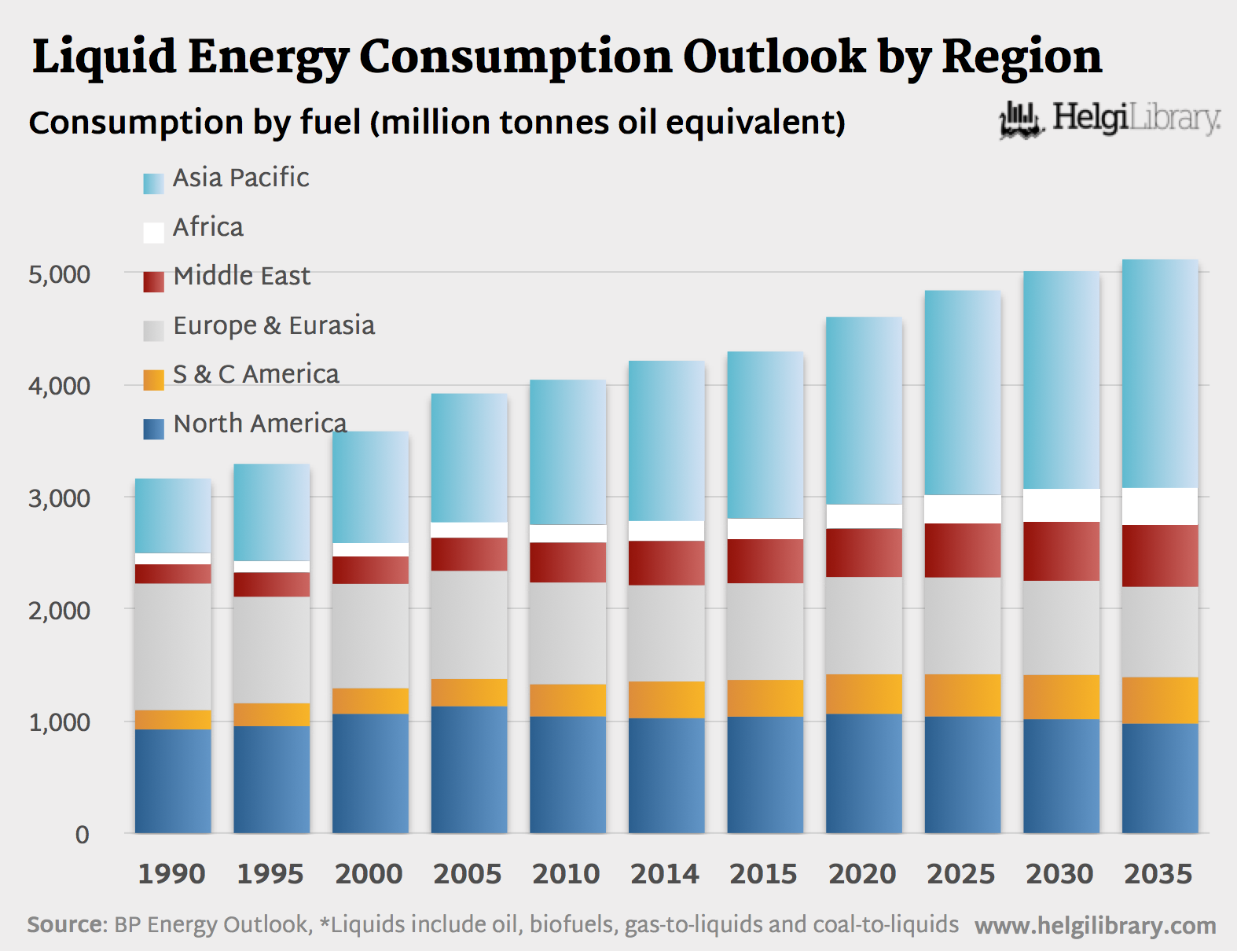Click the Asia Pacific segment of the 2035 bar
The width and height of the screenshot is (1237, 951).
click(1160, 373)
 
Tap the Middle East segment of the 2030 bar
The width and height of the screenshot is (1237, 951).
click(1061, 551)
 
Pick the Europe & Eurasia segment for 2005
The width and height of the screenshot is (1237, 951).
click(469, 624)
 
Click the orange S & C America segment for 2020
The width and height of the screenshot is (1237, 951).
click(864, 693)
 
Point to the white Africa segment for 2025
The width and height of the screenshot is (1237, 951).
click(963, 509)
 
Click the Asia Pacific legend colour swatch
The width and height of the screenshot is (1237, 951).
click(153, 183)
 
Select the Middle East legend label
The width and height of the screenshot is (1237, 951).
click(241, 276)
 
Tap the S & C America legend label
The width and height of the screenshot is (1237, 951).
click(255, 374)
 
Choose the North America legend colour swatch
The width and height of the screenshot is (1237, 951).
click(153, 428)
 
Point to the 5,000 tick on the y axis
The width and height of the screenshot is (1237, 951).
click(59, 274)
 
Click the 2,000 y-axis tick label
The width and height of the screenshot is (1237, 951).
click(59, 610)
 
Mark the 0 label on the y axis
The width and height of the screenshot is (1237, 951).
click(82, 835)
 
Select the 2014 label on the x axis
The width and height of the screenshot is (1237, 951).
click(665, 874)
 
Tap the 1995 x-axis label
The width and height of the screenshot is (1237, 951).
click(270, 874)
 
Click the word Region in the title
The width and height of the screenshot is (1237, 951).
click(1022, 57)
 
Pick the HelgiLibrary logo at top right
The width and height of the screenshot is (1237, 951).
click(1110, 119)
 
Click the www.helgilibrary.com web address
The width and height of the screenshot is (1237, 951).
click(1095, 926)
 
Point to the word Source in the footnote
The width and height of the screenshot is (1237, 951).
click(65, 924)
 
